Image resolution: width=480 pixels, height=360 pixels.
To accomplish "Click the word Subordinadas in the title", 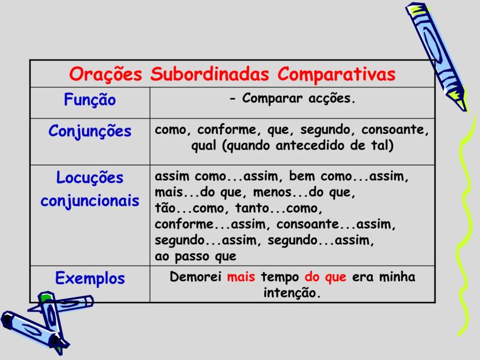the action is pyautogui.click(x=209, y=74).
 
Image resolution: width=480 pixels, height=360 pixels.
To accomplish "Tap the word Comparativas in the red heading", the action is pyautogui.click(x=336, y=75).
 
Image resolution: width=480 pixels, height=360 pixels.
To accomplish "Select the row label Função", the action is pyautogui.click(x=90, y=100).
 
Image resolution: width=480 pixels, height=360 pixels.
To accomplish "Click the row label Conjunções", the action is pyautogui.click(x=90, y=132).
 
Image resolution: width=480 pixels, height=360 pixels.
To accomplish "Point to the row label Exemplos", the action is pyautogui.click(x=90, y=278).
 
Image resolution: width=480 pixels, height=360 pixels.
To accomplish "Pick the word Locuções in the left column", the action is pyautogui.click(x=90, y=177).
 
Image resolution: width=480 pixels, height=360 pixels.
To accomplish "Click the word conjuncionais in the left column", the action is pyautogui.click(x=90, y=201).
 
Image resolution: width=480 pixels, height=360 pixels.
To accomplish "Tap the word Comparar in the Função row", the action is pyautogui.click(x=272, y=99).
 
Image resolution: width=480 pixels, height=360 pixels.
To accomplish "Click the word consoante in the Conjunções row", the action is pyautogui.click(x=395, y=129).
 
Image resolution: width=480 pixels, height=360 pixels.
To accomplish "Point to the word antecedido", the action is pyautogui.click(x=310, y=146).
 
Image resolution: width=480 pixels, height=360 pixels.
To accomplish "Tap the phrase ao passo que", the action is pyautogui.click(x=195, y=256).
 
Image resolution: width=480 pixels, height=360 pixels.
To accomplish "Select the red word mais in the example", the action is pyautogui.click(x=241, y=277).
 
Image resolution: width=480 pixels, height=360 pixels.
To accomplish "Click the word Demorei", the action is pyautogui.click(x=195, y=277).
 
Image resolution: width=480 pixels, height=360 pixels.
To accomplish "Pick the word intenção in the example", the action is pyautogui.click(x=292, y=293).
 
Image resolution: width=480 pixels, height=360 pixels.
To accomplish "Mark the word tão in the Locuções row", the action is pyautogui.click(x=165, y=208).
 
